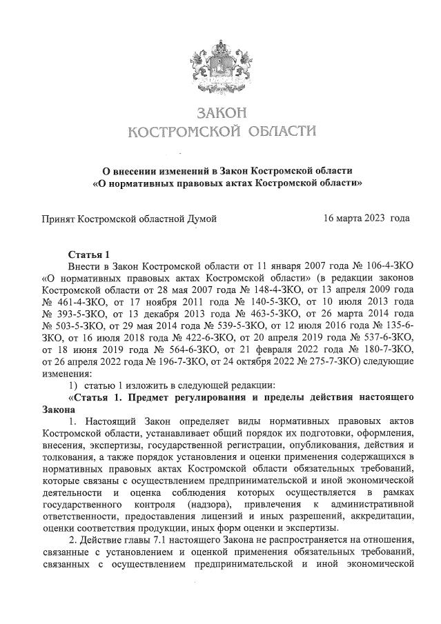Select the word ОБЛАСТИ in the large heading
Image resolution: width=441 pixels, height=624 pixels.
coord(275,131)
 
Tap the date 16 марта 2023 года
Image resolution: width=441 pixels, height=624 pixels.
coord(366,219)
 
